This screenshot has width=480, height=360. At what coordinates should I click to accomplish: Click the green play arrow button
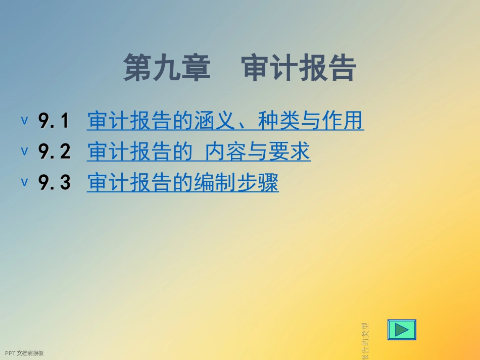402,330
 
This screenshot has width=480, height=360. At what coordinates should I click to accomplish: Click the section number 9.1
54,121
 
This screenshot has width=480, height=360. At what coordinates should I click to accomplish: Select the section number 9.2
54,152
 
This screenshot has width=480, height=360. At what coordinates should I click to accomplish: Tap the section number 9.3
54,183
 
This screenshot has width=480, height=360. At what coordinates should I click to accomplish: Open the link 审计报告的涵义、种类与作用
225,121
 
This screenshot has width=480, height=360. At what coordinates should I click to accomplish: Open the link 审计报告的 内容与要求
199,152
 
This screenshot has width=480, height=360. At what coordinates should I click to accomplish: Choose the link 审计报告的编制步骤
182,183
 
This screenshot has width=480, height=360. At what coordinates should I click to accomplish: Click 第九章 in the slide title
167,69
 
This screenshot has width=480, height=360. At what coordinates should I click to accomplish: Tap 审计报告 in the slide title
299,69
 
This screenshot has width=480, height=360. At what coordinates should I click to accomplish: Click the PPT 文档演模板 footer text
24,353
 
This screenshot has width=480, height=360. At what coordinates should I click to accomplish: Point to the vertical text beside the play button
365,341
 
